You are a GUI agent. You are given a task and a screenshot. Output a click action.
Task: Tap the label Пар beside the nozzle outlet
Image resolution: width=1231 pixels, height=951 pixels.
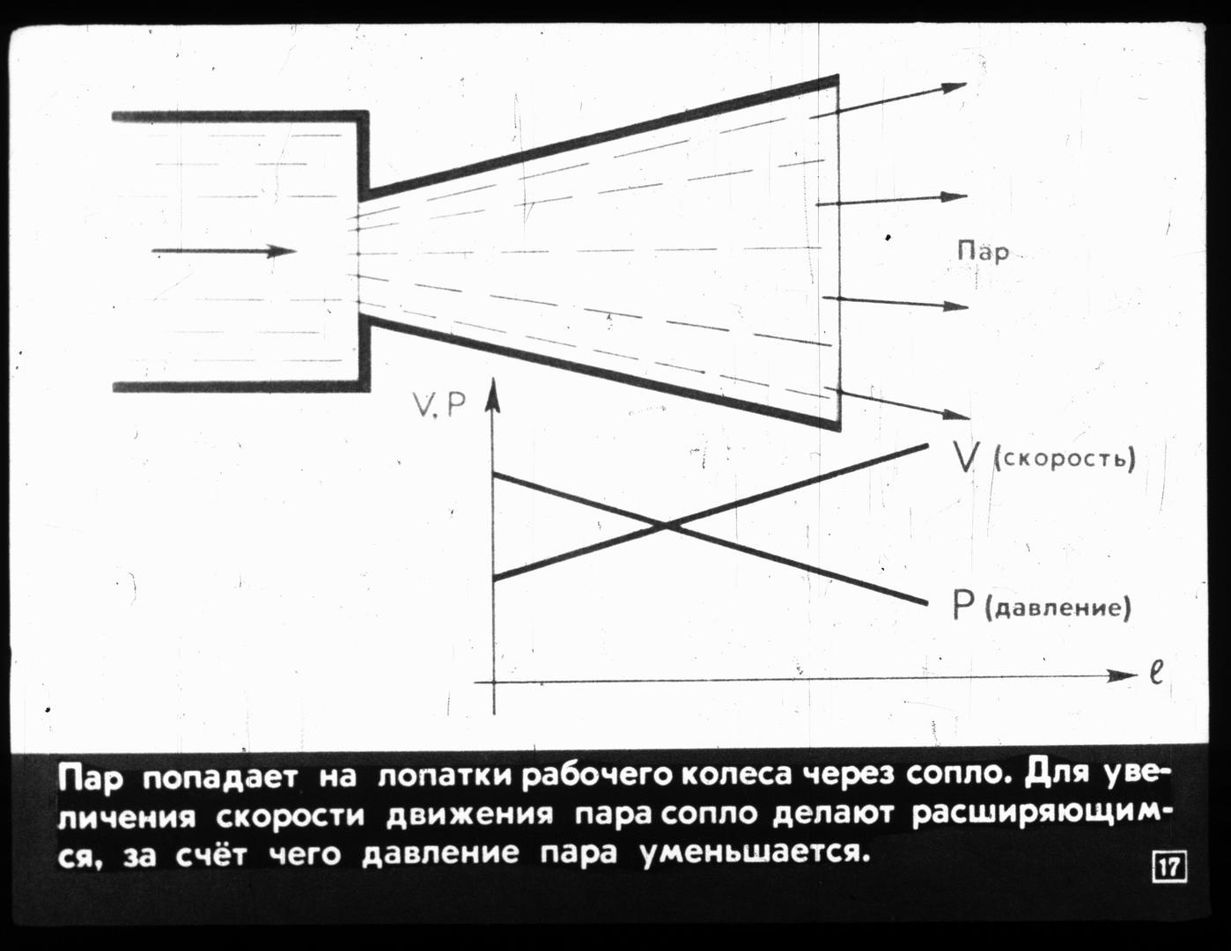(x=983, y=252)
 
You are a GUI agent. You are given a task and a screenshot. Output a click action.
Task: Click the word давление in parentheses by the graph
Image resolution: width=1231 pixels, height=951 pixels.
(x=1058, y=608)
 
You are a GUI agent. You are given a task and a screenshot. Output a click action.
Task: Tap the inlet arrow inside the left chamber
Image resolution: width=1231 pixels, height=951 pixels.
(x=225, y=251)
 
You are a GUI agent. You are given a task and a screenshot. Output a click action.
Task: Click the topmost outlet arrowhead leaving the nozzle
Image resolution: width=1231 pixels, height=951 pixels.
(x=955, y=86)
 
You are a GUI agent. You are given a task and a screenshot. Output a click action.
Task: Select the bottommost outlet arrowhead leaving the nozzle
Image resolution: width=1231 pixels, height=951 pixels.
(x=956, y=415)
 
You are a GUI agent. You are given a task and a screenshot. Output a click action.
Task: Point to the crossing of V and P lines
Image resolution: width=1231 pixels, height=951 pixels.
(x=666, y=527)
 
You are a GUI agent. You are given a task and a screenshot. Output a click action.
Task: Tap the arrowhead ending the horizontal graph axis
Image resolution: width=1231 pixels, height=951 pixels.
(x=1122, y=675)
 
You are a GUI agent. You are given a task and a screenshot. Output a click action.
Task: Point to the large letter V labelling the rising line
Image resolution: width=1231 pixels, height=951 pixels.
(x=964, y=457)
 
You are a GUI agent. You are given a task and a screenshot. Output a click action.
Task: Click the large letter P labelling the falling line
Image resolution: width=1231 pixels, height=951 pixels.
(x=962, y=606)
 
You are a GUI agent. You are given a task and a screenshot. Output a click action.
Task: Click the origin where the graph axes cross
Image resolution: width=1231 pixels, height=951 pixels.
(x=494, y=682)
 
